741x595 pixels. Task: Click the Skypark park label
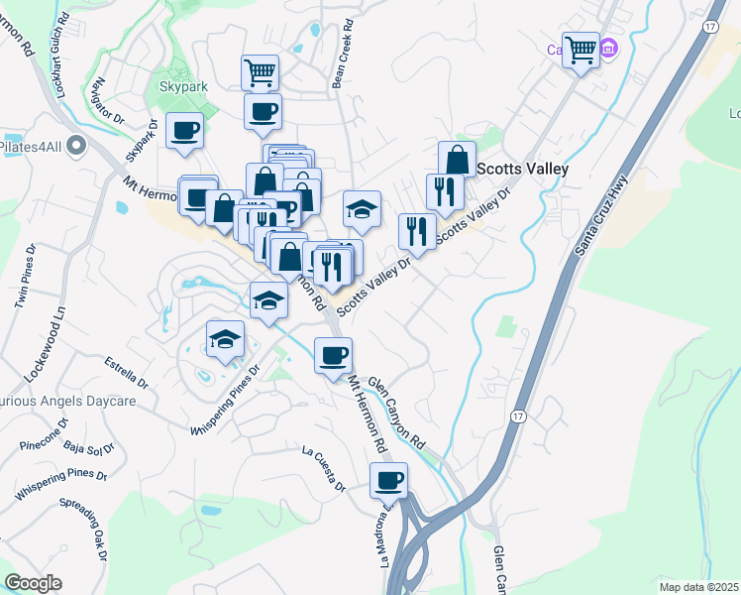pyautogui.click(x=183, y=86)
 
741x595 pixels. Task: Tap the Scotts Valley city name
pyautogui.click(x=522, y=169)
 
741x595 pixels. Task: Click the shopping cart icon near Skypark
pyautogui.click(x=260, y=71)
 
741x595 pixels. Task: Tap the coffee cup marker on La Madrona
pyautogui.click(x=388, y=482)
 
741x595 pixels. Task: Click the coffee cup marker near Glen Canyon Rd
pyautogui.click(x=333, y=355)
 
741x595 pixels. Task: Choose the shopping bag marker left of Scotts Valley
pyautogui.click(x=457, y=160)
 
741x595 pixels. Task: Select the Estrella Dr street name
pyautogui.click(x=126, y=378)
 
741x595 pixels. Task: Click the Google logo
pyautogui.click(x=33, y=583)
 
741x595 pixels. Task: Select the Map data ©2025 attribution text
pyautogui.click(x=699, y=587)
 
